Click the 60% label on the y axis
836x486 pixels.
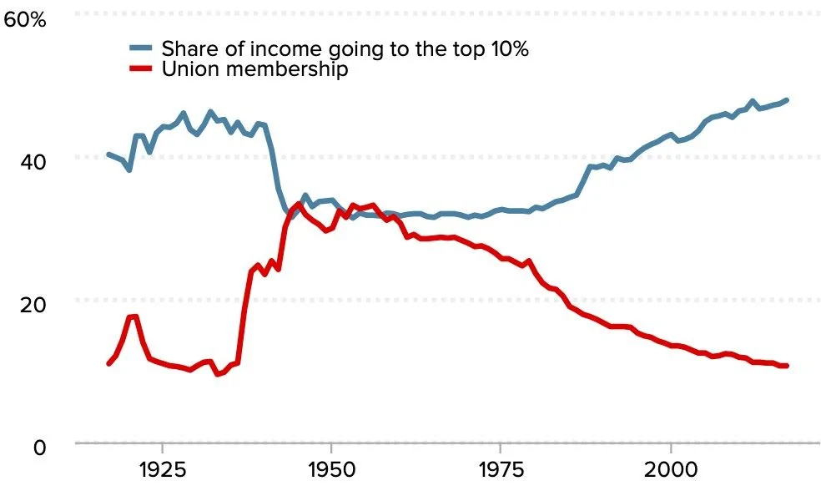25,20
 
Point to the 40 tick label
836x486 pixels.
33,162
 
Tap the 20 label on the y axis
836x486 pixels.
33,305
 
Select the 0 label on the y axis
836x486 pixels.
40,448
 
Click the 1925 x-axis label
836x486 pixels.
162,469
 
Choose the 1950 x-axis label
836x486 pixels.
331,469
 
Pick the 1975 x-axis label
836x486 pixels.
501,469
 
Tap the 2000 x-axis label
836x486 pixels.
670,469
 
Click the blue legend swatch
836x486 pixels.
141,48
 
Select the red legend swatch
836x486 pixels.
141,68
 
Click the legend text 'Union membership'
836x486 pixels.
254,69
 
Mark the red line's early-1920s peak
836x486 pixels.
133,316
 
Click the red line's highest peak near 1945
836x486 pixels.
299,204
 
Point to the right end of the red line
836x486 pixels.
787,366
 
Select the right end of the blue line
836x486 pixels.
787,99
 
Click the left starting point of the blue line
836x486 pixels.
108,154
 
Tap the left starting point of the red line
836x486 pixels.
108,364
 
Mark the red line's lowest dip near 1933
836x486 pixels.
217,374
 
